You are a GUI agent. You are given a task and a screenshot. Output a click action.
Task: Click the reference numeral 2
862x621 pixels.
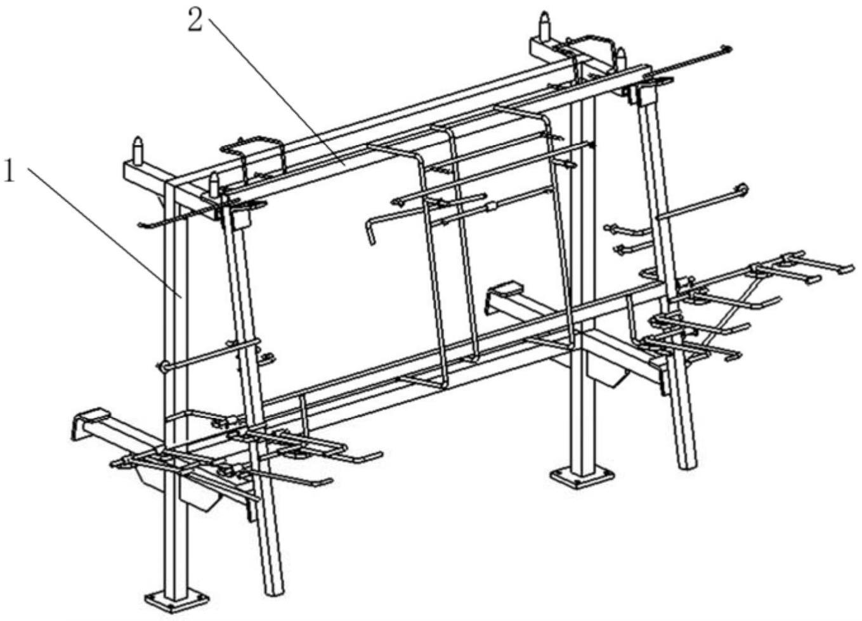[x=195, y=20]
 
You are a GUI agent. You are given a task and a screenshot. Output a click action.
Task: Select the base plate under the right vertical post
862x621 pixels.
[x=582, y=477]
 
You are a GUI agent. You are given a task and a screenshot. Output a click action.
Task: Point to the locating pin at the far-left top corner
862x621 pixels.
[x=138, y=151]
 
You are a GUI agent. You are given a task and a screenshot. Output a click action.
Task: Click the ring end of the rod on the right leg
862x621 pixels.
[x=742, y=190]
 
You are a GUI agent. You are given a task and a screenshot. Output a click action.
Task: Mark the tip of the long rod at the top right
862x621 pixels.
[x=728, y=49]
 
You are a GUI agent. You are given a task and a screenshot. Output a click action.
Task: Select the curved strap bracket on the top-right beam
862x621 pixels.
[x=589, y=52]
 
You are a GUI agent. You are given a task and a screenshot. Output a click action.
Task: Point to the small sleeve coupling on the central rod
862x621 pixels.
[x=491, y=207]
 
